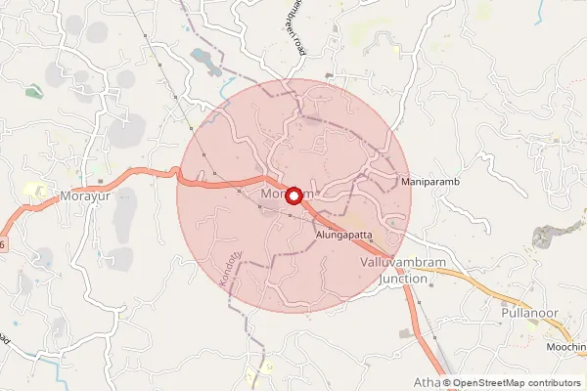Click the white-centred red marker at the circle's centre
[x=293, y=195]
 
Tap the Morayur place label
[x=85, y=195]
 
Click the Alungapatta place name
[x=346, y=236]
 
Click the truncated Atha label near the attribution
[x=428, y=381]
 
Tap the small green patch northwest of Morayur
[x=33, y=92]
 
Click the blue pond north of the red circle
[x=208, y=62]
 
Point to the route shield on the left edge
[x=3, y=242]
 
